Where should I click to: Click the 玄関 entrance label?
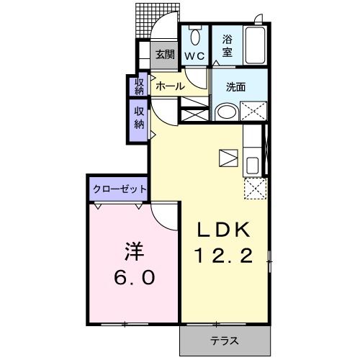[x=165, y=53]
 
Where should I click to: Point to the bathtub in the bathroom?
[x=256, y=45]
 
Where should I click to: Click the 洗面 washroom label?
[x=235, y=87]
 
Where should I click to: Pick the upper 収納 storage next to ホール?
[x=140, y=86]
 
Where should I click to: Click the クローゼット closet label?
[x=120, y=189]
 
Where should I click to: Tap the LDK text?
[x=224, y=230]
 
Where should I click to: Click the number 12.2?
[x=224, y=255]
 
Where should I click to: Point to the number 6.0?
[x=135, y=277]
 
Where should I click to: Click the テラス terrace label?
[x=224, y=341]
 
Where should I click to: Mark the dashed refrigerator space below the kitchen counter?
[x=254, y=188]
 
